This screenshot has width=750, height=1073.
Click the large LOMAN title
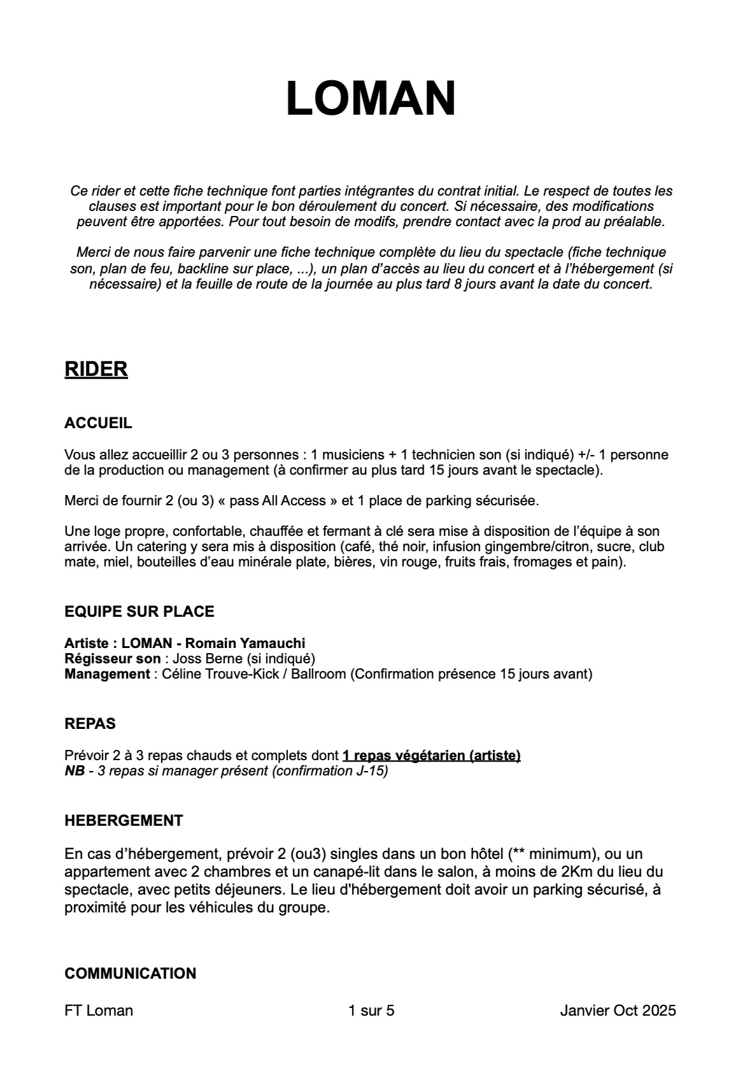point(371,99)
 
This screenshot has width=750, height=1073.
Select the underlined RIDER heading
point(96,370)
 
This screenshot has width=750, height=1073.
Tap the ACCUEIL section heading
point(98,423)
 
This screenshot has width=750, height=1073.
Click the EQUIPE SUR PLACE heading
point(139,612)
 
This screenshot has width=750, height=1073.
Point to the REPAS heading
point(90,724)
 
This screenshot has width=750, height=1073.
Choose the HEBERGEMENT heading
point(124,821)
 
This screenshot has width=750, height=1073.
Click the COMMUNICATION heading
point(130,974)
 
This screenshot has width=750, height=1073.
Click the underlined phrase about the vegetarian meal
point(431,756)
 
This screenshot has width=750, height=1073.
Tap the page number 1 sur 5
point(371,1011)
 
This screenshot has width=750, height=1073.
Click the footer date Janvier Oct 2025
point(618,1011)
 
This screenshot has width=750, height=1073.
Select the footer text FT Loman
point(99,1011)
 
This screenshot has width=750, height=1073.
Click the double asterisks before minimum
point(520,854)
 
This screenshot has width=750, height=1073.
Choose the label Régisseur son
point(112,659)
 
